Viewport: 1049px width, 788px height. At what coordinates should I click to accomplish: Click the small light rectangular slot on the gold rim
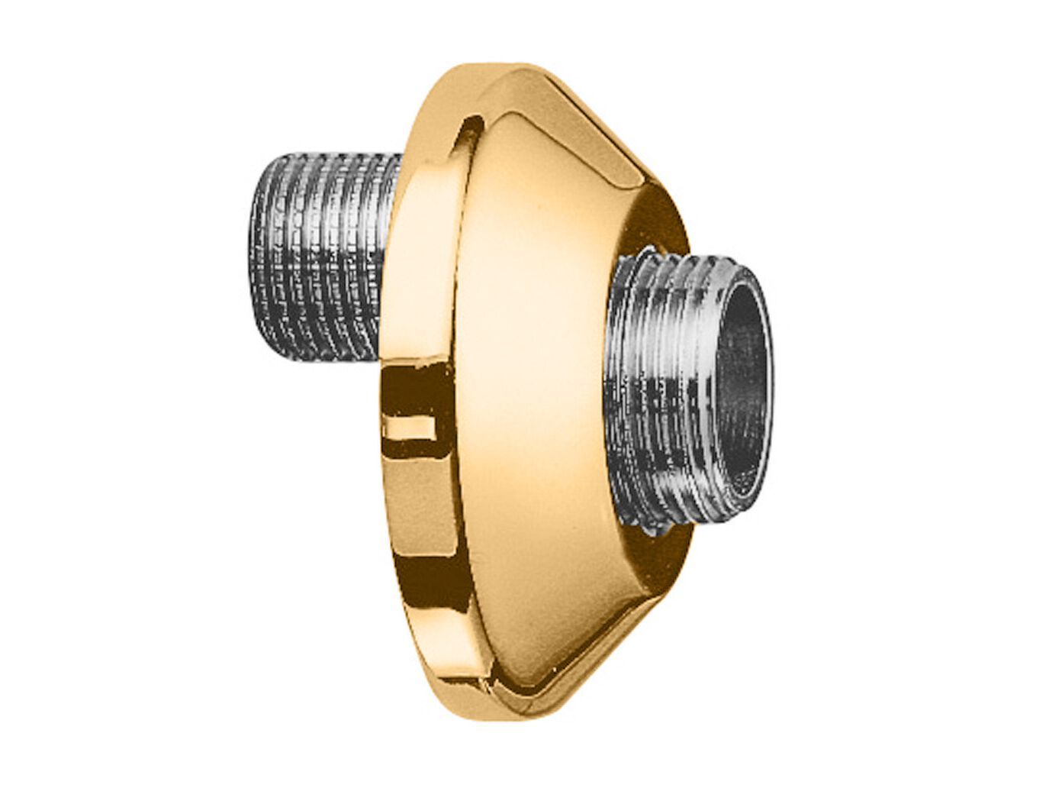(411, 428)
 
